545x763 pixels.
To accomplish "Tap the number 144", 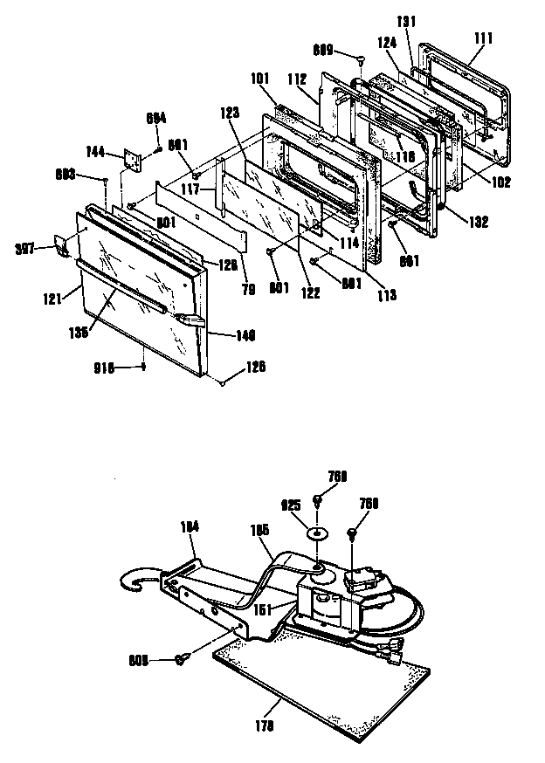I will [x=95, y=152].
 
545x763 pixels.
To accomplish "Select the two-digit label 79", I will [x=248, y=290].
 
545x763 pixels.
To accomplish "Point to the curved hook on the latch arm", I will [x=136, y=580].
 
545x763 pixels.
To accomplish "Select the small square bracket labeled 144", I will [x=134, y=160].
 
